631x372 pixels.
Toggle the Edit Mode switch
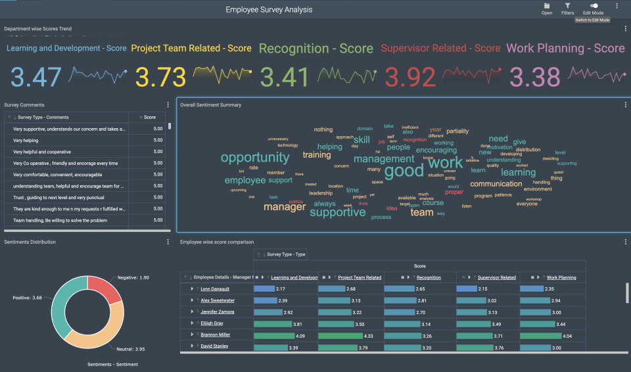(594, 6)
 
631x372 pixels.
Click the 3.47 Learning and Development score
(36, 77)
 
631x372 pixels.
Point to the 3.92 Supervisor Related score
(409, 77)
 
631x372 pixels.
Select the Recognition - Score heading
(315, 49)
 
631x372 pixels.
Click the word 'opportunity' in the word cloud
(254, 158)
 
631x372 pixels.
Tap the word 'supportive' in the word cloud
(337, 212)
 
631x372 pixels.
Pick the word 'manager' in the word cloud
(285, 207)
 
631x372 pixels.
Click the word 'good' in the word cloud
(404, 172)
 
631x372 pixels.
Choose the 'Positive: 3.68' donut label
(28, 298)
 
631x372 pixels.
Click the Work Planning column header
(561, 277)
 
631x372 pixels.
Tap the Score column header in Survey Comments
(150, 117)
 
